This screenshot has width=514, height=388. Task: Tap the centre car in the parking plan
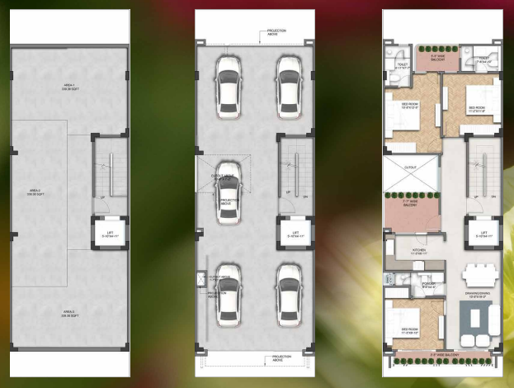coord(229,190)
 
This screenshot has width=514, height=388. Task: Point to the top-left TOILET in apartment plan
coord(402,65)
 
